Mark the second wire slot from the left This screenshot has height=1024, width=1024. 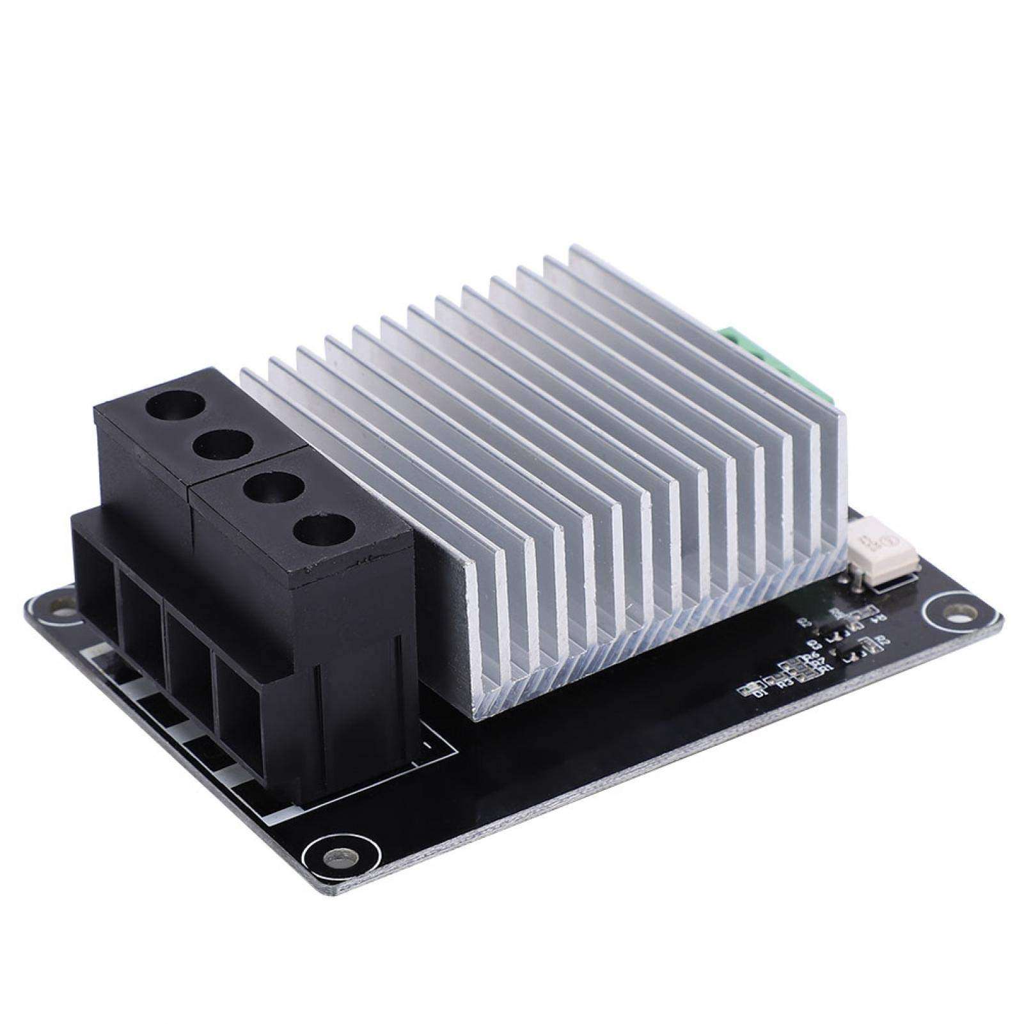pos(141,633)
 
